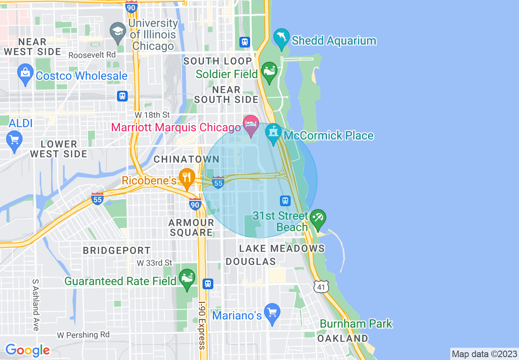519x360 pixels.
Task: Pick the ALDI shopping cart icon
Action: tap(14, 141)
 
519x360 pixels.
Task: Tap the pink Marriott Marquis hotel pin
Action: tap(251, 124)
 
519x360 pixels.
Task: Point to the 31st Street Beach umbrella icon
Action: tap(318, 218)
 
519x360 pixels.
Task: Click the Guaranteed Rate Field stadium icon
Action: tap(187, 278)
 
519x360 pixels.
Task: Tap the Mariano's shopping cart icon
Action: tap(272, 313)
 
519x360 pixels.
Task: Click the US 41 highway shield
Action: tap(322, 287)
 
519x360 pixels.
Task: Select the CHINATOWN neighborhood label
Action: tap(186, 159)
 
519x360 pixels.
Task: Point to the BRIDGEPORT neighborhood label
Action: tap(117, 250)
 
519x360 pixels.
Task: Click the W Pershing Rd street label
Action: tap(83, 335)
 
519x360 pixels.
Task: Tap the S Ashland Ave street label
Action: tap(35, 305)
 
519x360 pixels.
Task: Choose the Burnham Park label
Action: tap(356, 324)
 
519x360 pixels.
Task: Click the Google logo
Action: tap(27, 350)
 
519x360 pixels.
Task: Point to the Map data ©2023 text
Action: tap(484, 354)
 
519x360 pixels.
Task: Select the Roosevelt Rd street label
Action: tap(92, 55)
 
